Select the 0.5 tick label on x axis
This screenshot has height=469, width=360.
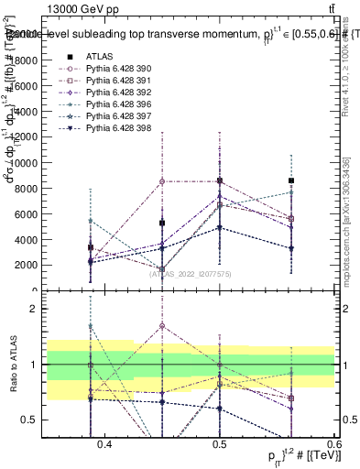click(219, 444)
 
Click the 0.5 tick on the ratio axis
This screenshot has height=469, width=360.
click(38, 420)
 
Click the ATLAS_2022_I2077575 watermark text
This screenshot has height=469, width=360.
click(191, 274)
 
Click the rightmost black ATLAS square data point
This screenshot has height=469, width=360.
click(291, 180)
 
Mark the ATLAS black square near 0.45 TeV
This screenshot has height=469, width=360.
click(162, 223)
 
